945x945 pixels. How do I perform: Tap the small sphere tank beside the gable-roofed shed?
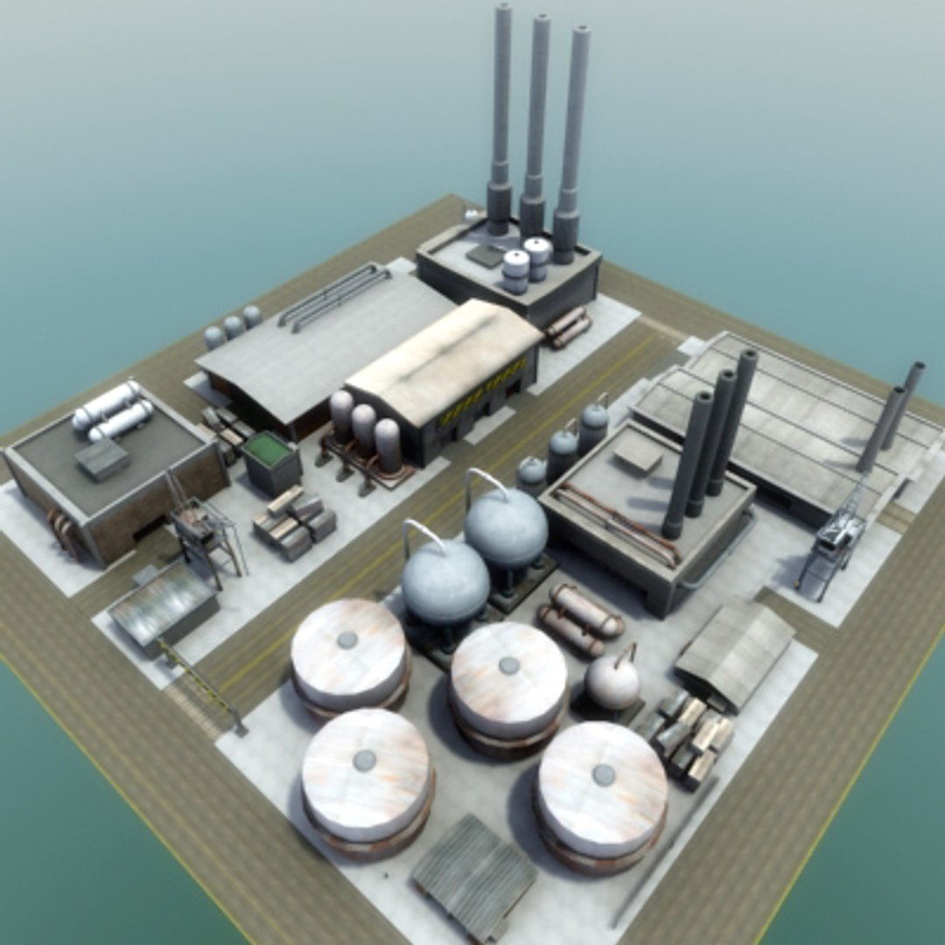tap(612, 682)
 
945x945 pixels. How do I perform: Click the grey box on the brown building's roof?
tap(102, 458)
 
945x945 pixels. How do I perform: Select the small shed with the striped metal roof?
tap(163, 605)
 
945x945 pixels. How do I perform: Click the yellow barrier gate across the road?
tap(201, 682)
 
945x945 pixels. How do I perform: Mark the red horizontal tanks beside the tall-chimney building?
tap(569, 327)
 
